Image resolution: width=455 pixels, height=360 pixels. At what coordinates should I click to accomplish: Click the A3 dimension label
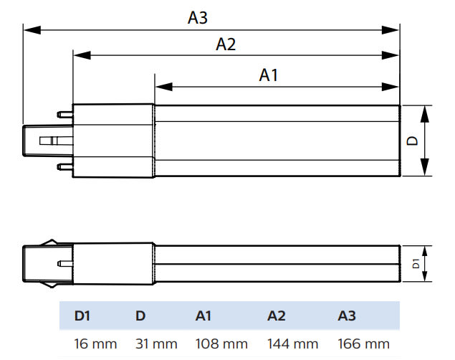198,18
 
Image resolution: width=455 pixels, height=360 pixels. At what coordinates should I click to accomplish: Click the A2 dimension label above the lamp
226,44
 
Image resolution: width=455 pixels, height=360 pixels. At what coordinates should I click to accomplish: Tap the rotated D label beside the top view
413,141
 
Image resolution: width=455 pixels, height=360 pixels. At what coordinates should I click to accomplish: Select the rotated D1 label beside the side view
416,264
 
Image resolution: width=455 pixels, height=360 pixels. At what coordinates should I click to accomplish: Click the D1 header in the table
83,316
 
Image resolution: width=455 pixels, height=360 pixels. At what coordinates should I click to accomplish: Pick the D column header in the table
140,316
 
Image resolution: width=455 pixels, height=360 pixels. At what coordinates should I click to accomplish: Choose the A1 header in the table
203,316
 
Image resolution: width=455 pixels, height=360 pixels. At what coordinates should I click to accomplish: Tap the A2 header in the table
277,316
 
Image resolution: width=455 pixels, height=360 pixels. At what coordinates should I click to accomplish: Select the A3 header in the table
347,316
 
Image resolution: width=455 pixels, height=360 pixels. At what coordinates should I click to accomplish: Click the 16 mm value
95,344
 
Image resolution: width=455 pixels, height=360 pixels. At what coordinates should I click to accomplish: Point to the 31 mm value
156,344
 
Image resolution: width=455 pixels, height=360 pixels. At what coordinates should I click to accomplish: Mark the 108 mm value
221,344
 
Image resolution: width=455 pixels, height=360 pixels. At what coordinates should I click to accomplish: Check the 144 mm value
294,344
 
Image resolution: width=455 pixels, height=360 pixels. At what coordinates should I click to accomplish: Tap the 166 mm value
365,344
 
